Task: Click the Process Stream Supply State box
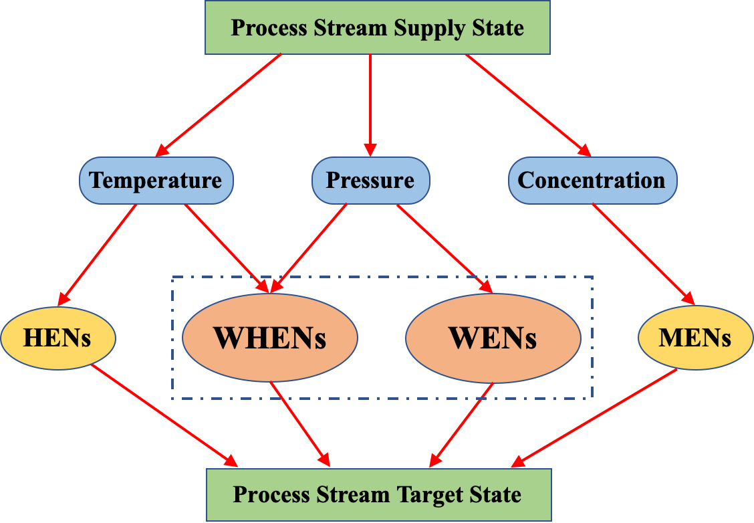pos(377,28)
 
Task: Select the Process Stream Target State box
pos(378,495)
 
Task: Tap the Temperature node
pos(156,181)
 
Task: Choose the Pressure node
pos(370,181)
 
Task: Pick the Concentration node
pos(592,181)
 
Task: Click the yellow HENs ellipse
pos(57,338)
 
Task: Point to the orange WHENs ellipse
pos(269,338)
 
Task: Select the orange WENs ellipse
pos(493,338)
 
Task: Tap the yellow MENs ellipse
pos(695,338)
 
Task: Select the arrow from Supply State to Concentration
pos(528,104)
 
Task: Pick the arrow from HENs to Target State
pos(164,415)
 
